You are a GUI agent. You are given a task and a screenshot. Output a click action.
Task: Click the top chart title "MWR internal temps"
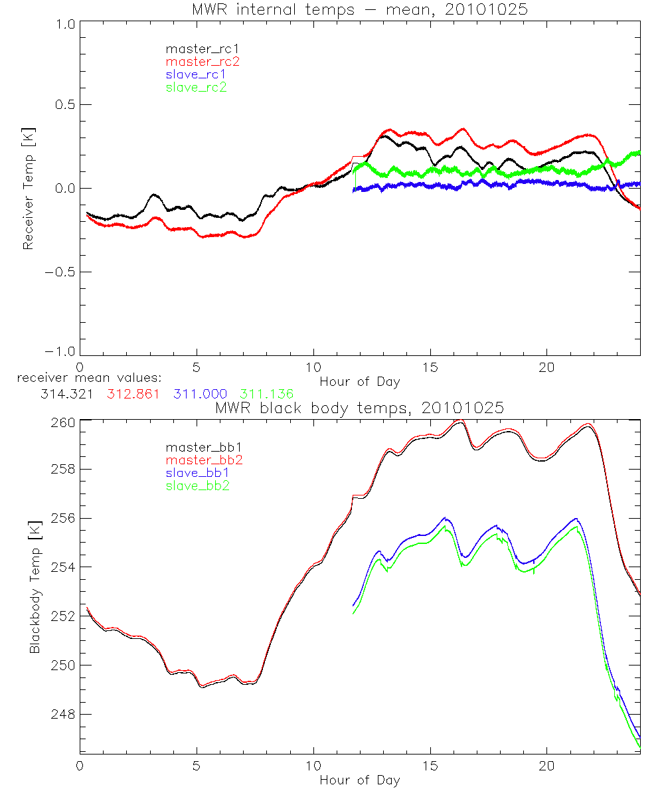click(359, 9)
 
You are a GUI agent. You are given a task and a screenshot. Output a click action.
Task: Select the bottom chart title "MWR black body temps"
click(359, 408)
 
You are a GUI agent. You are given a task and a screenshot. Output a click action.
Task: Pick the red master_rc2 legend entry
click(202, 62)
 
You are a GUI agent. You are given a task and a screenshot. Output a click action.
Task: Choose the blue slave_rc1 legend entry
click(196, 74)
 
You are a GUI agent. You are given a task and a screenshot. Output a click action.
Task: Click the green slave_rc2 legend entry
click(196, 87)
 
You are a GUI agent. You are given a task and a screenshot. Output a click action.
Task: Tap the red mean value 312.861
click(133, 394)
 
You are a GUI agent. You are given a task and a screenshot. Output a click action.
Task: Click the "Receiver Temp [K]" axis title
click(28, 189)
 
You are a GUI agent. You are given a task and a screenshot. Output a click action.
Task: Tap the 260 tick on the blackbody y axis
click(63, 420)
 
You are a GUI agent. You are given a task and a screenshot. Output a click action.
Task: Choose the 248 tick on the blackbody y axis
click(63, 714)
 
